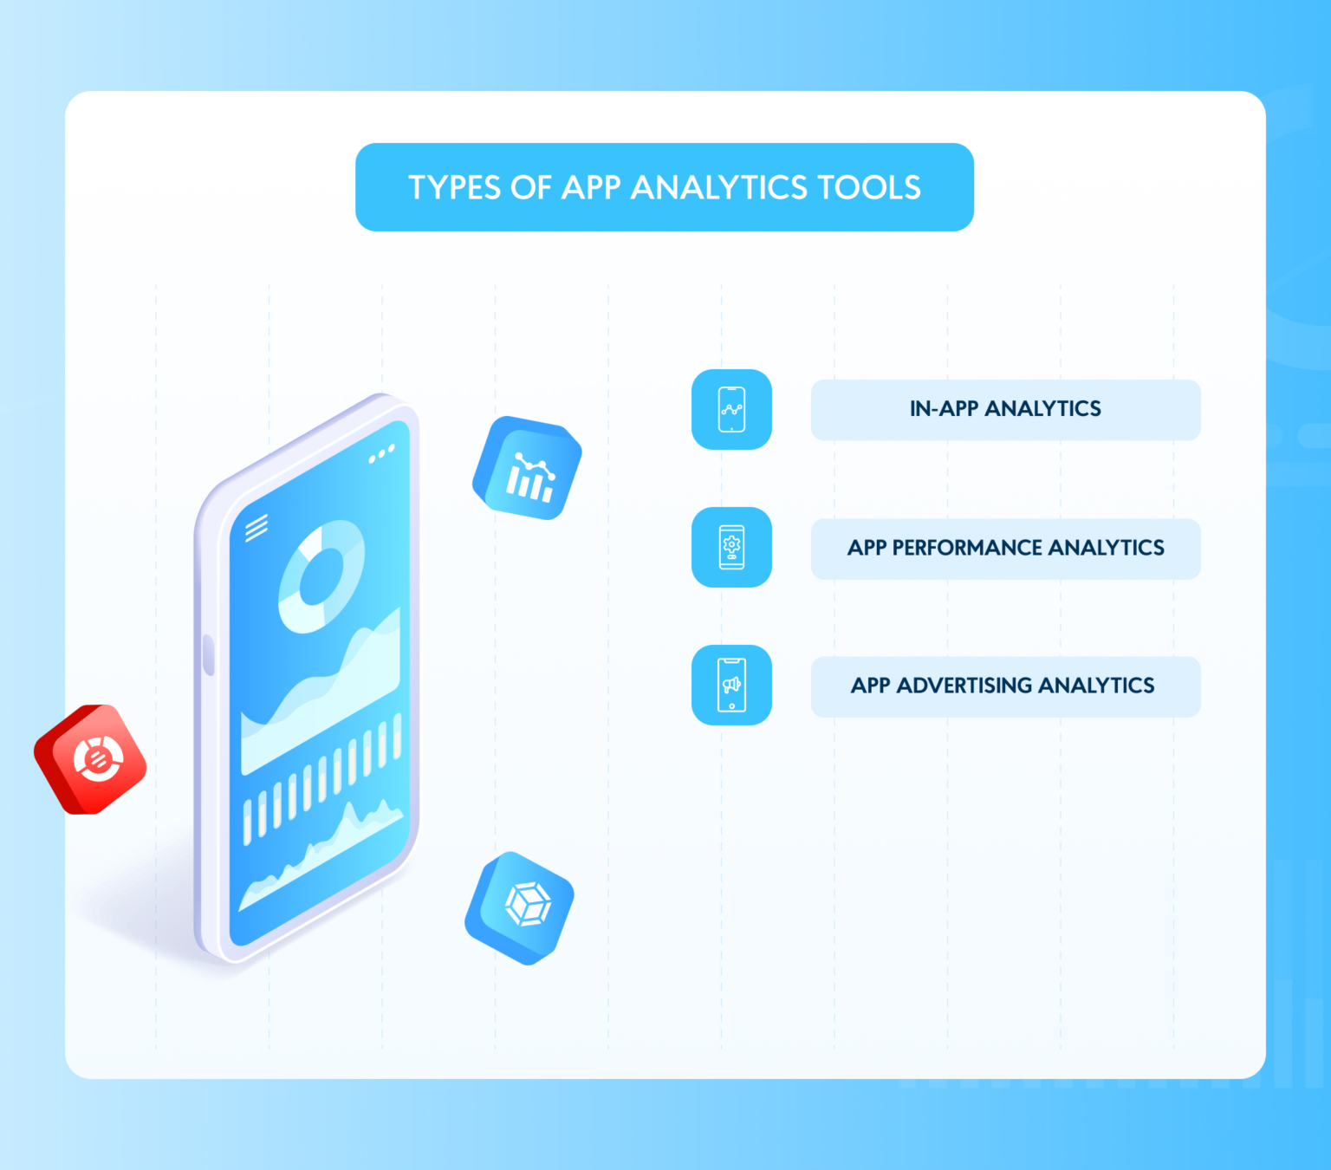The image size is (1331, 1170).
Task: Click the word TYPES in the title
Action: (455, 188)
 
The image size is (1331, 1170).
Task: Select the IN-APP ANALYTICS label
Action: (1005, 409)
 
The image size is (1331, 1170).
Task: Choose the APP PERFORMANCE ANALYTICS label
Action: (1005, 548)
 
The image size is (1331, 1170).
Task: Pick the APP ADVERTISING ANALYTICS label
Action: (1003, 686)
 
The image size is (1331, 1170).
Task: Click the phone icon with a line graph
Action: (731, 409)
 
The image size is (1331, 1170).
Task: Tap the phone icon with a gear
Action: (731, 547)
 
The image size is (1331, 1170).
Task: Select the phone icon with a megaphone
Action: (731, 685)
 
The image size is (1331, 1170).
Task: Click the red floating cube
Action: (91, 760)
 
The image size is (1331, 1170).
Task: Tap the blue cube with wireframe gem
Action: (520, 907)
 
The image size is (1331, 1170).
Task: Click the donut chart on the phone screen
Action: (321, 576)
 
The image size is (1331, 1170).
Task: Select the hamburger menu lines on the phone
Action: (256, 527)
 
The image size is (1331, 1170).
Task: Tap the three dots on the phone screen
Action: (381, 453)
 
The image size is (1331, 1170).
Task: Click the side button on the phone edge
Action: (209, 654)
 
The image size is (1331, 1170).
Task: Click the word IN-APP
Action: (944, 409)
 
